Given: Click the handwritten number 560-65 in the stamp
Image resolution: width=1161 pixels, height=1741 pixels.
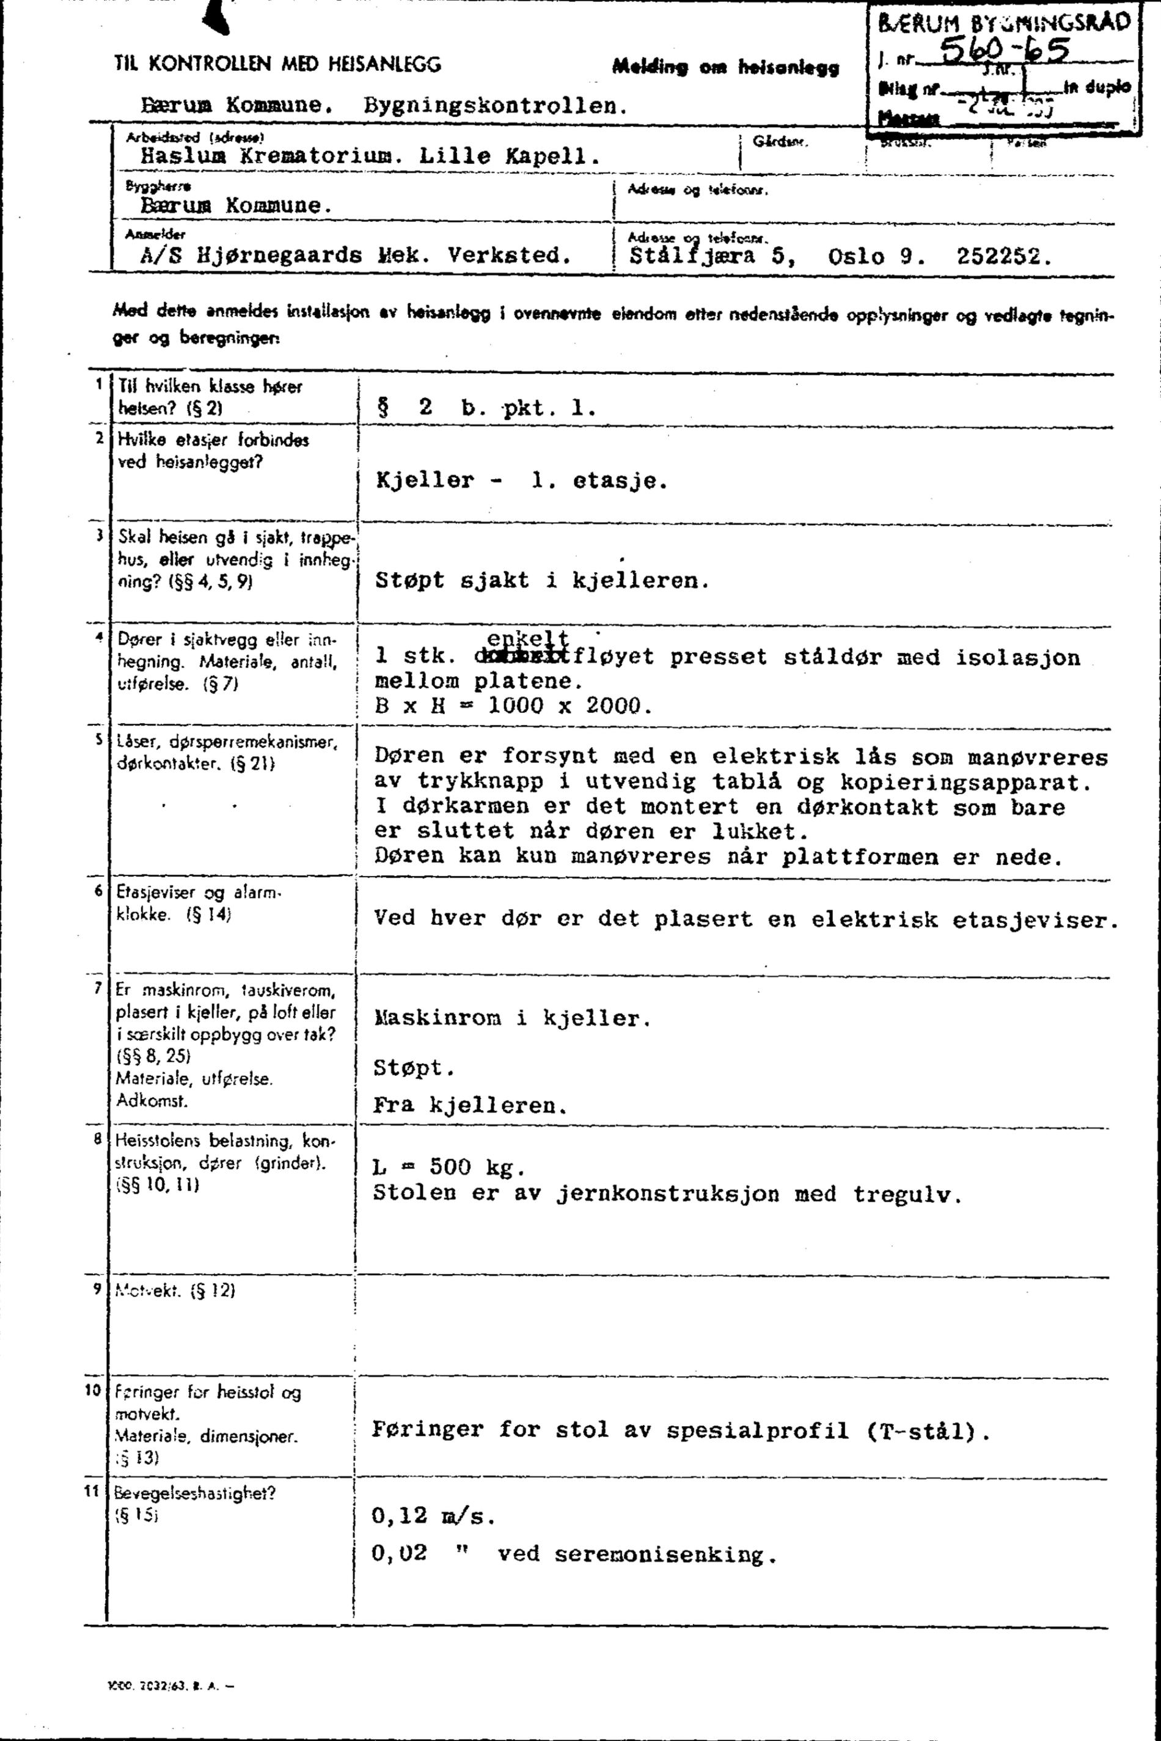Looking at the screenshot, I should pyautogui.click(x=1003, y=52).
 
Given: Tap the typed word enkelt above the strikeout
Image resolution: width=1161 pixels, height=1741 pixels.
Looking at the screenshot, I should pyautogui.click(x=528, y=638).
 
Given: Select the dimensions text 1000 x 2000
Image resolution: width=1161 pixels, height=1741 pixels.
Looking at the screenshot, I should pyautogui.click(x=569, y=705).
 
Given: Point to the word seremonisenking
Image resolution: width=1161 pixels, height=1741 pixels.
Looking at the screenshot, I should pyautogui.click(x=665, y=1555).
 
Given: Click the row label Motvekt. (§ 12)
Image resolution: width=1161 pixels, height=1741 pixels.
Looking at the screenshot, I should pyautogui.click(x=175, y=1290).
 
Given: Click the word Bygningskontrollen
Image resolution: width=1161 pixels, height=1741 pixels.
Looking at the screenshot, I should pyautogui.click(x=496, y=105).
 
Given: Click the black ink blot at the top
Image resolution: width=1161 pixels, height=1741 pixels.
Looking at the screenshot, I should pyautogui.click(x=216, y=17).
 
